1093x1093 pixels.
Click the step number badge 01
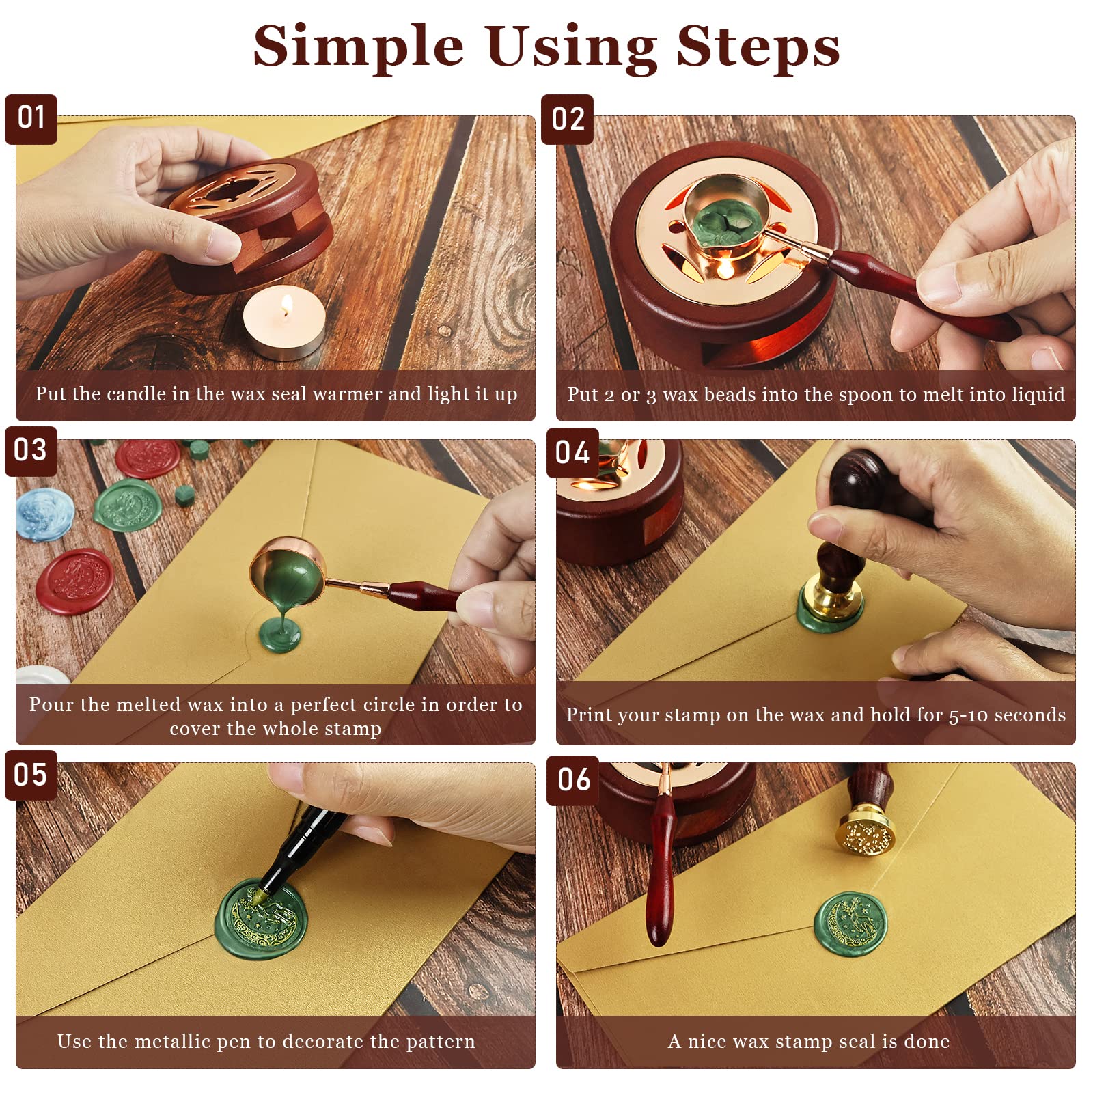tap(31, 120)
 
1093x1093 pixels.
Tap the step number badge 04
tap(572, 453)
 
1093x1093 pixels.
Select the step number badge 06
tap(573, 779)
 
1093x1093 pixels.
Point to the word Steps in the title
tap(758, 46)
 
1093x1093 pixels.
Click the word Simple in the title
tap(359, 46)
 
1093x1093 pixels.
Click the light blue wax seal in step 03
tap(44, 514)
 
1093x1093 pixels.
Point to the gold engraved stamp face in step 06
tap(866, 835)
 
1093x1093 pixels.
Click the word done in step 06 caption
tap(927, 1041)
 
